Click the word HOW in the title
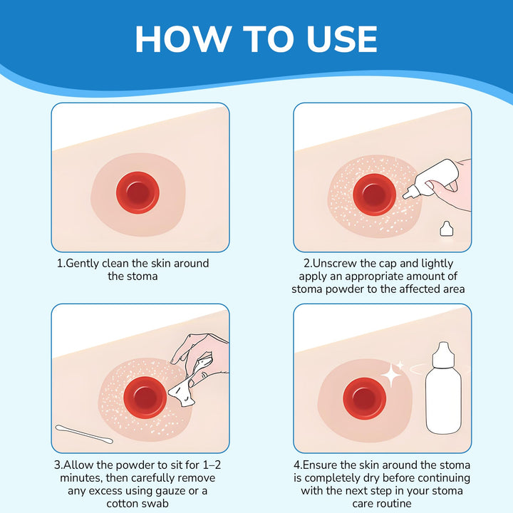184,38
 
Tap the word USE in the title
341,38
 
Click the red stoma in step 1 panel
138,192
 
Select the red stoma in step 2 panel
374,195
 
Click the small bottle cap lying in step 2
446,229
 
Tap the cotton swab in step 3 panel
84,434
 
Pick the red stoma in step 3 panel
145,397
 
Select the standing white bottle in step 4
443,388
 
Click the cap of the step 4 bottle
443,355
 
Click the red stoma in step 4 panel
365,398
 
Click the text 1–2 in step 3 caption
212,465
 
